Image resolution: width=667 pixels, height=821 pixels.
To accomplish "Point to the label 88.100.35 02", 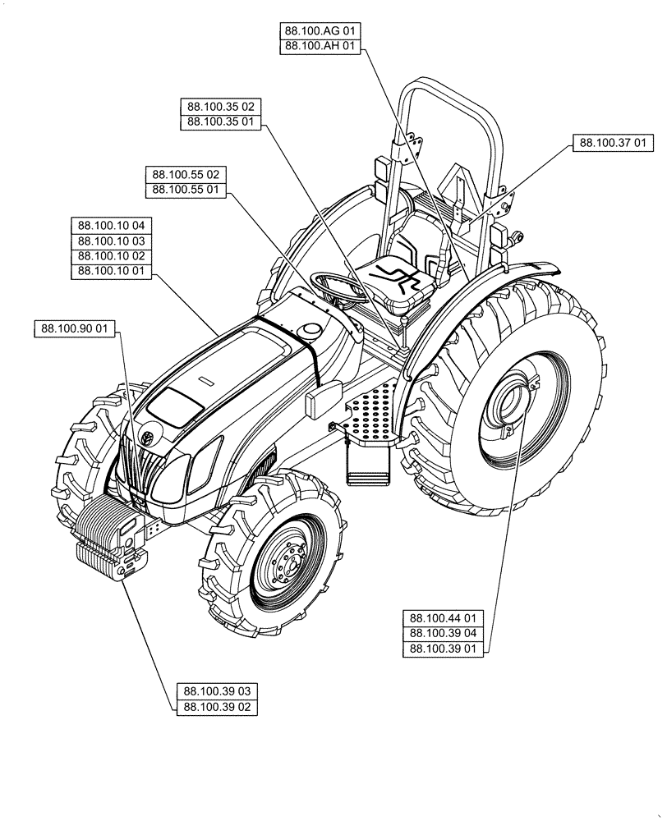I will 219,107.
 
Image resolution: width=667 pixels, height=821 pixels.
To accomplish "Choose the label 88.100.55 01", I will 185,190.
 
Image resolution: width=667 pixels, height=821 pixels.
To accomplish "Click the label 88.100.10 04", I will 112,225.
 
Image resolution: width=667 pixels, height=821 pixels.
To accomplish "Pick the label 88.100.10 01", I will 112,272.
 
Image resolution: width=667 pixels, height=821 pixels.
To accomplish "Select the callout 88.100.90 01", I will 76,329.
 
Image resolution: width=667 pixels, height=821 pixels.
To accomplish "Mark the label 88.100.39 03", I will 217,691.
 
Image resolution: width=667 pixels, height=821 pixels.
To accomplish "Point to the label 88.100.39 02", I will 217,707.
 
